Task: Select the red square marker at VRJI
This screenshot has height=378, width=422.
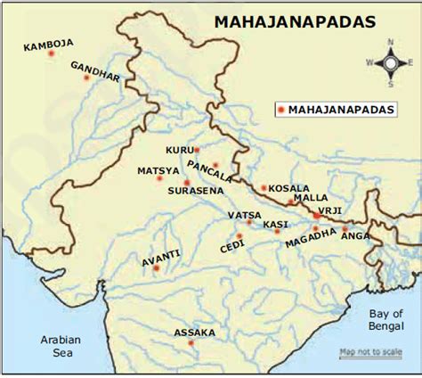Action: click(315, 216)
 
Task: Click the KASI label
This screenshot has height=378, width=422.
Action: click(274, 224)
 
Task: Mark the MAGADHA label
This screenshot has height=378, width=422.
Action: click(311, 241)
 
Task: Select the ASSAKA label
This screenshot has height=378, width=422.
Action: click(195, 333)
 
